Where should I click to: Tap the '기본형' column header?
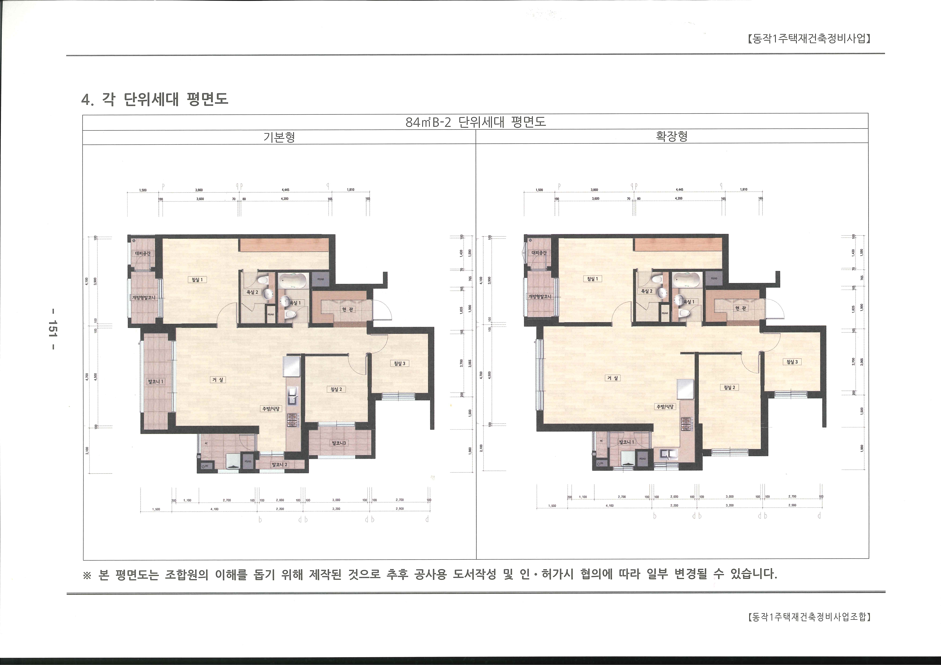pos(279,137)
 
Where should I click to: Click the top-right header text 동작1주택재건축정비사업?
pos(809,39)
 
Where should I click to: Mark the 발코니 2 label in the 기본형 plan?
pos(280,465)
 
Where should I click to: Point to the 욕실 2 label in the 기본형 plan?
pos(252,292)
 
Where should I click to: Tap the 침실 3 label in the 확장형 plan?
pos(792,362)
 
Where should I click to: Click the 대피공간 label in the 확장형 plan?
pos(539,253)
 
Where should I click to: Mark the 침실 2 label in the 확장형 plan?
pos(729,387)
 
